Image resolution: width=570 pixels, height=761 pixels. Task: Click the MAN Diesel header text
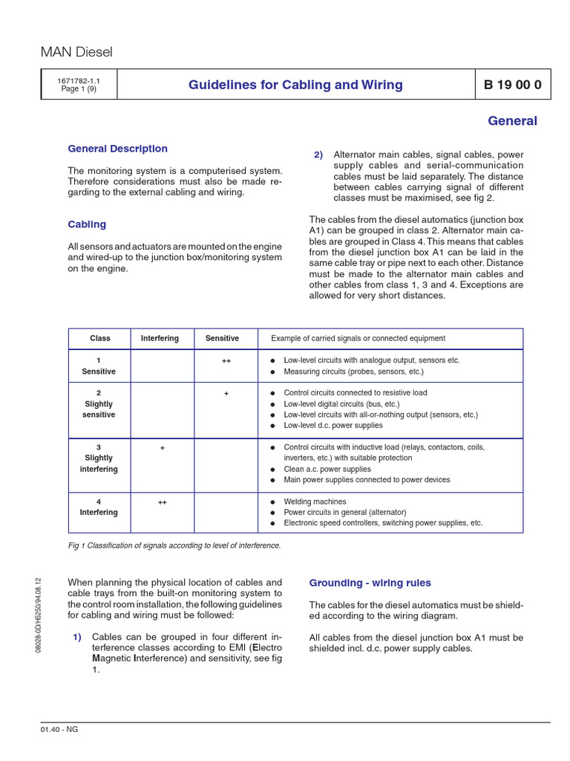[76, 51]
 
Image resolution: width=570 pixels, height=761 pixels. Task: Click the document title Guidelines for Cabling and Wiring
[295, 85]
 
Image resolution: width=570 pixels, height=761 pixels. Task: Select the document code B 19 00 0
[512, 85]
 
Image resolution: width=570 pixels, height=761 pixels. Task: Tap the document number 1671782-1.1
[79, 80]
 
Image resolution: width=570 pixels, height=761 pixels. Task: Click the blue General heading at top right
[512, 120]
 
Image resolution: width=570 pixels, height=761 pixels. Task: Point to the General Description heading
[117, 149]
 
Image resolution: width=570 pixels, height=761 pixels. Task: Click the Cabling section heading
[87, 224]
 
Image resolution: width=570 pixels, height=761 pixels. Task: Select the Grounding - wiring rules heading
[370, 583]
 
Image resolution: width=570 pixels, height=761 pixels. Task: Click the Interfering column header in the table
[160, 338]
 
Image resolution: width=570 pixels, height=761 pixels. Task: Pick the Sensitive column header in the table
[222, 338]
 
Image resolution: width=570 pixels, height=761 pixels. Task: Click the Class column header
[99, 338]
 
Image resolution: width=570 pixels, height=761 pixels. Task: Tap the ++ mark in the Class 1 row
[226, 360]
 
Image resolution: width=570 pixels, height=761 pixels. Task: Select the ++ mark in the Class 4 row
[162, 502]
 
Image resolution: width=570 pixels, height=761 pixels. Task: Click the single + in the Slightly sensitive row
[226, 392]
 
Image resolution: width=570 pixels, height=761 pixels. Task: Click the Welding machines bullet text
[315, 502]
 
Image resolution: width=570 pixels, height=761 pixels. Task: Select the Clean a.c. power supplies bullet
[327, 469]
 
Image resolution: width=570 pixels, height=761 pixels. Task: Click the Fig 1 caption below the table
[174, 545]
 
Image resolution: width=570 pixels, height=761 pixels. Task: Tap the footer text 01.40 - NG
[59, 729]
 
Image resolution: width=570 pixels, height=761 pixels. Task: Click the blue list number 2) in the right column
[318, 155]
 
